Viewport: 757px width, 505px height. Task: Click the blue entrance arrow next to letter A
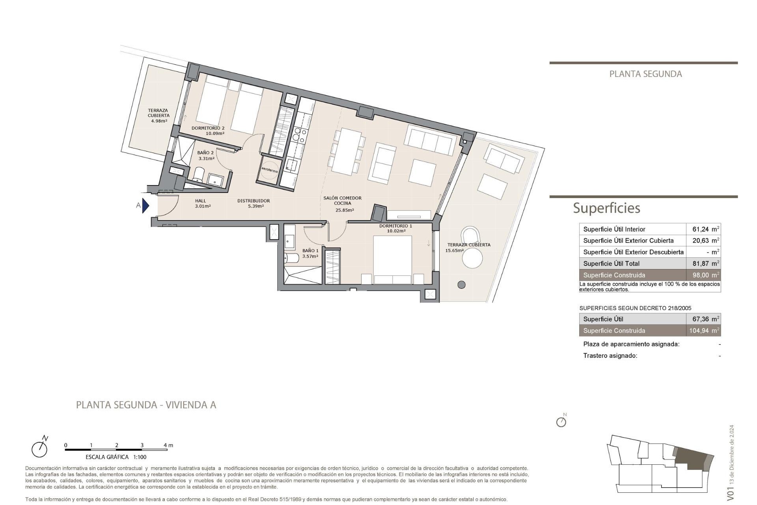click(145, 206)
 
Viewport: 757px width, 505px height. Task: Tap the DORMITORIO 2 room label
click(208, 128)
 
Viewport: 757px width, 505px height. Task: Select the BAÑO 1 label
click(310, 251)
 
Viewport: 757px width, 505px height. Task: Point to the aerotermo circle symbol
click(270, 170)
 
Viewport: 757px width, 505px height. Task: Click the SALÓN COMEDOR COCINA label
click(342, 201)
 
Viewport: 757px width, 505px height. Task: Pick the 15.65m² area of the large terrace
click(454, 251)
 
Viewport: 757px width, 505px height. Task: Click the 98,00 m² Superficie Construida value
click(705, 275)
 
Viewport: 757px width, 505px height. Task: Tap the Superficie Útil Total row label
click(611, 264)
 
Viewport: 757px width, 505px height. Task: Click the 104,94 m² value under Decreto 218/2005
click(704, 331)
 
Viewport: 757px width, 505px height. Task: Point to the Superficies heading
click(606, 208)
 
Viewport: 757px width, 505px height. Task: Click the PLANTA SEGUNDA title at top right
click(645, 74)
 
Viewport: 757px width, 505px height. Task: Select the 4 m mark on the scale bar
click(168, 445)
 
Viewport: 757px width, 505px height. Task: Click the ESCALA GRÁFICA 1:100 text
click(116, 457)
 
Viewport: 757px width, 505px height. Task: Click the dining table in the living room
click(347, 151)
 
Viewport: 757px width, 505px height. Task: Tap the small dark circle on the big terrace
click(461, 284)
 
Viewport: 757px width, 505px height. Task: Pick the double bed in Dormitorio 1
click(392, 258)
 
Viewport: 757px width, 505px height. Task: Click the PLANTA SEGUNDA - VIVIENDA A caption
click(146, 405)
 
